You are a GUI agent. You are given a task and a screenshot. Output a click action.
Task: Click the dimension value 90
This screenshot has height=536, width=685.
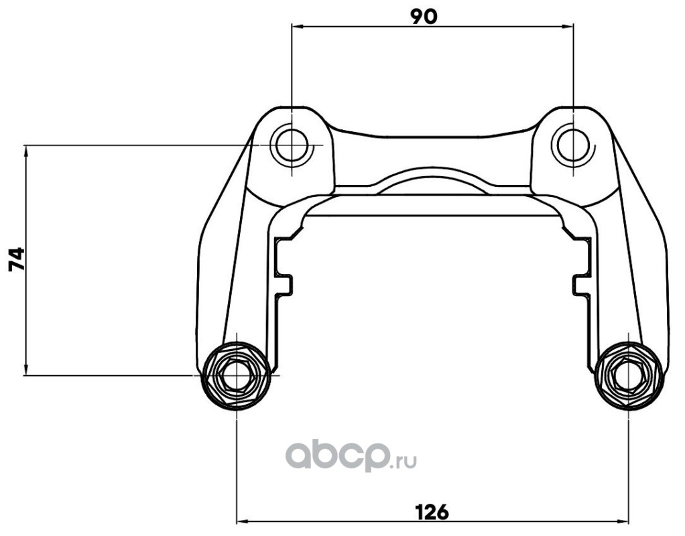click(424, 16)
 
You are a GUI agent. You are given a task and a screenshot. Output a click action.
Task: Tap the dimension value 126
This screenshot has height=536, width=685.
click(432, 511)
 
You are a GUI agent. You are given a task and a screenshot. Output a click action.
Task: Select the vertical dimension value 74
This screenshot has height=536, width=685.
click(17, 259)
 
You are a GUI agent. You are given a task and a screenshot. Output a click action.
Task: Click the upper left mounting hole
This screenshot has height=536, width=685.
click(290, 145)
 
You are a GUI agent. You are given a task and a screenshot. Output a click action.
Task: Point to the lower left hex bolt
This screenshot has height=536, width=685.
click(236, 376)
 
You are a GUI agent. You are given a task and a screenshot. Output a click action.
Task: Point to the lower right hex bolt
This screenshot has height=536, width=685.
click(629, 376)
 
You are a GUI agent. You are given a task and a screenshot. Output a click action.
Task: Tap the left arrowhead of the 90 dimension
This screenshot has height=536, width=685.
click(297, 27)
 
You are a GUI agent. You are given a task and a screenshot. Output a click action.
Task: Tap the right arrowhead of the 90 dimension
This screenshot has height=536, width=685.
click(566, 27)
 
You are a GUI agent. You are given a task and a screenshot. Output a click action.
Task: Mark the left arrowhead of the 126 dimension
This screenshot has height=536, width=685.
click(242, 521)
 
